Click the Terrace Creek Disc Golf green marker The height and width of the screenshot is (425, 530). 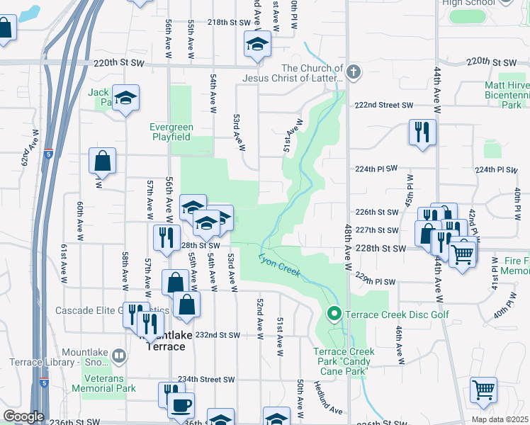(x=334, y=313)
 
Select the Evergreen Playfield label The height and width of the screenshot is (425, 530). (x=170, y=132)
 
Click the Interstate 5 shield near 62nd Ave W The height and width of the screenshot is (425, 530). (x=47, y=153)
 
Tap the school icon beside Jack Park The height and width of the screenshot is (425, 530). (x=125, y=98)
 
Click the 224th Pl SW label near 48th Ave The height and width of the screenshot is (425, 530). (x=376, y=169)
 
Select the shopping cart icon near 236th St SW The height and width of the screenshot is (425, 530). (x=483, y=389)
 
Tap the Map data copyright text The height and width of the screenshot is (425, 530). (x=499, y=419)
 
